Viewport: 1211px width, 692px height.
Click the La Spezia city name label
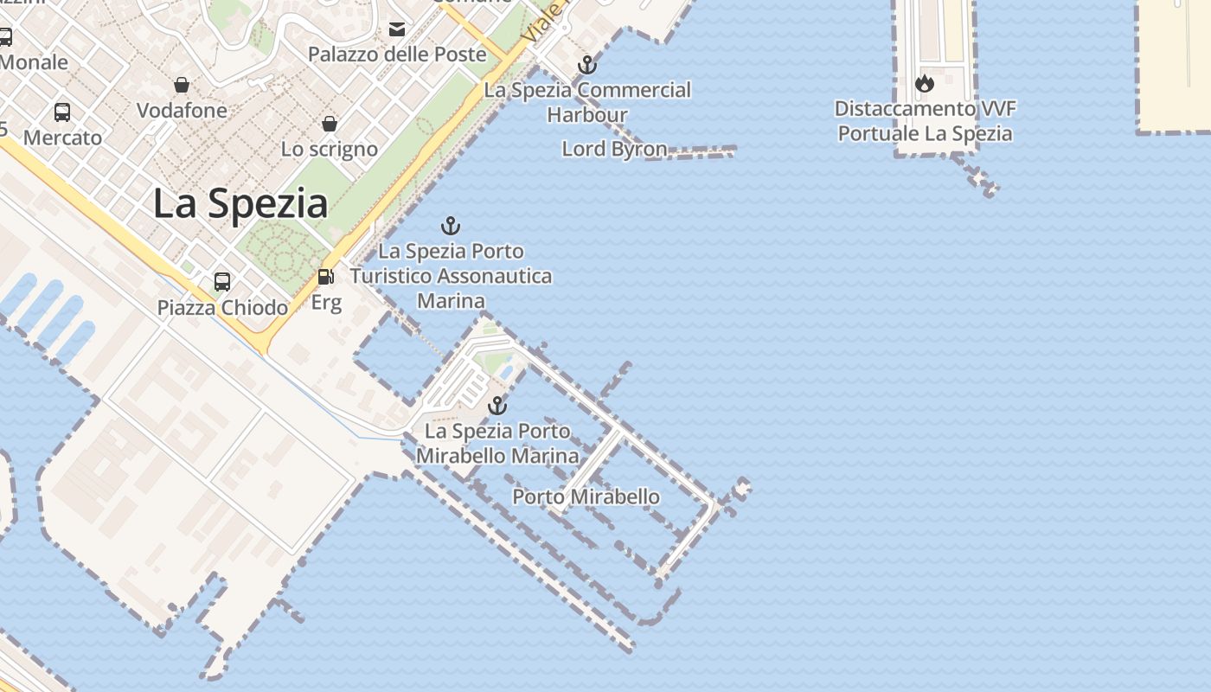[x=240, y=204]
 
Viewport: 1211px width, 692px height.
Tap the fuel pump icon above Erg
[x=326, y=277]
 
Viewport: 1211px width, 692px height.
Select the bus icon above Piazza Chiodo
[x=222, y=281]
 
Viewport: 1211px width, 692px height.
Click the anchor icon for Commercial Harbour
[x=587, y=65]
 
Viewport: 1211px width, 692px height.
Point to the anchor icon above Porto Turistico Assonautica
[x=450, y=227]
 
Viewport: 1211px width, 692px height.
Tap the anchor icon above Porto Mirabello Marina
[x=497, y=406]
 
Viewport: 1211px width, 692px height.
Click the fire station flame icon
[x=925, y=84]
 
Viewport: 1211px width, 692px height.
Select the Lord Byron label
[x=614, y=149]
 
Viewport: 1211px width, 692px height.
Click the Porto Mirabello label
[x=586, y=497]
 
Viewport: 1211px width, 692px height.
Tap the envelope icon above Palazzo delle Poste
[x=397, y=29]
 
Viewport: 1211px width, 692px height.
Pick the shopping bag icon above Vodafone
[x=182, y=85]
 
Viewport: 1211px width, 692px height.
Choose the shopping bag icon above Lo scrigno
[x=330, y=124]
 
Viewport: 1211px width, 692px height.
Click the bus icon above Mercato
[x=62, y=112]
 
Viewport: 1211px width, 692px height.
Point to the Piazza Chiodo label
[x=222, y=307]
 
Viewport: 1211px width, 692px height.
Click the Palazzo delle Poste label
[x=397, y=54]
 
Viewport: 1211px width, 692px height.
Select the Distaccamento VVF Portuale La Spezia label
[x=925, y=121]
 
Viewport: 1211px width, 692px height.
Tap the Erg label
[x=326, y=303]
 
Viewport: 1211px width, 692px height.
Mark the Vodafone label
[x=182, y=111]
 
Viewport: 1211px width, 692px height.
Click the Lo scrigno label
[x=330, y=149]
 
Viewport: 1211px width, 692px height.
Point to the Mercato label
[x=62, y=138]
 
